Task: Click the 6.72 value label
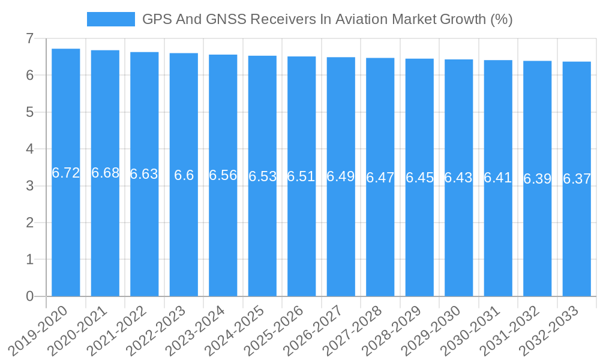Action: tap(66, 173)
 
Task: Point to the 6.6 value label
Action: tap(184, 175)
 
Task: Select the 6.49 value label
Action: tap(341, 176)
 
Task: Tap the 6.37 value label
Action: tap(577, 179)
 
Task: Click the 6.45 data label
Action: tap(419, 178)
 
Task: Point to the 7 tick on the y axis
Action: tap(29, 39)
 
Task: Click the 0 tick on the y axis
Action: tap(29, 296)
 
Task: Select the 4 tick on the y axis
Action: tap(29, 149)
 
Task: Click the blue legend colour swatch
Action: tap(111, 19)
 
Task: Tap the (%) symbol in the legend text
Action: tap(501, 19)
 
